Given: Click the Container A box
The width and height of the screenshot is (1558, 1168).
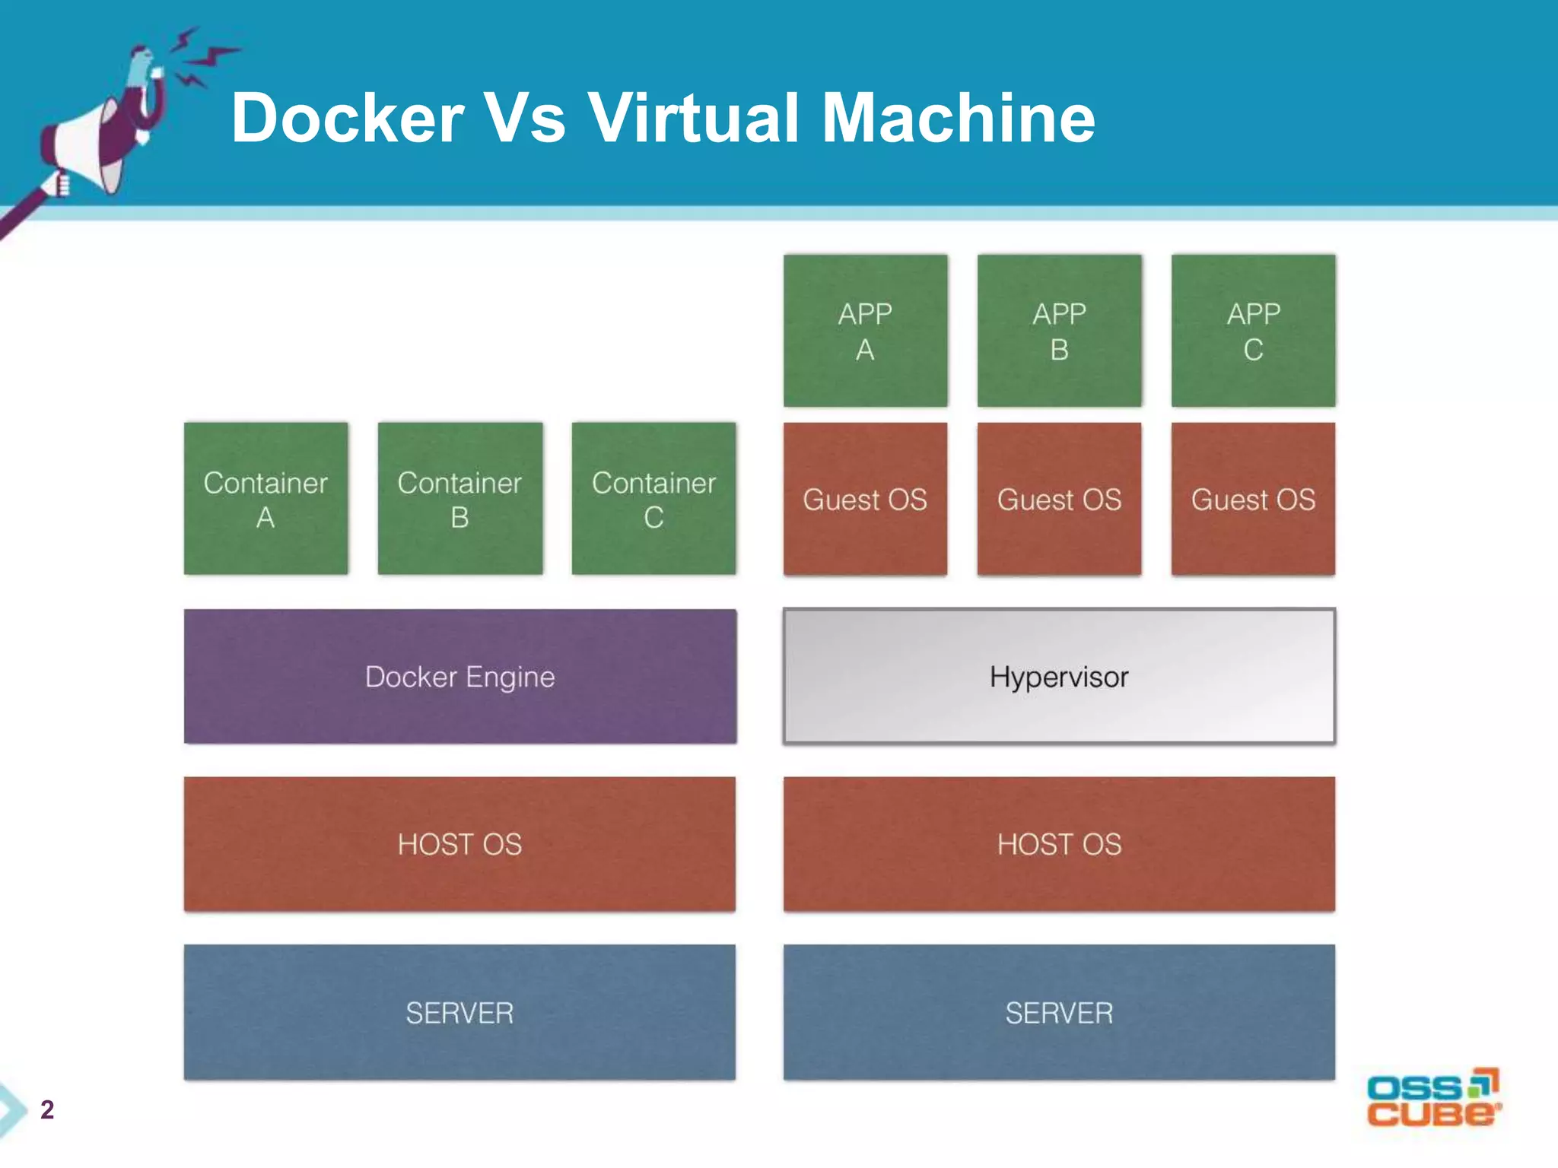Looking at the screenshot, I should click(x=265, y=499).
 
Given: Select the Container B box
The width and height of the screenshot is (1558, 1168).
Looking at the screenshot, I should click(x=459, y=499).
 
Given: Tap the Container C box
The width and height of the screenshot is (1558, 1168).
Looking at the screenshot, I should click(x=653, y=499).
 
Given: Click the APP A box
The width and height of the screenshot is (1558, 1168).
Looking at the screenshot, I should click(x=865, y=331).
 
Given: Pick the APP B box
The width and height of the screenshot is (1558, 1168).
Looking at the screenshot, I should click(x=1059, y=331).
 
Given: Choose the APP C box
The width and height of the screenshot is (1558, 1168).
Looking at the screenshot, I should click(x=1253, y=331).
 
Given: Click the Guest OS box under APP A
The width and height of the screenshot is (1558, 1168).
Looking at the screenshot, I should click(x=865, y=499).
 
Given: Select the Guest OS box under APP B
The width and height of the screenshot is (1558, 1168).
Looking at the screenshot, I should click(x=1059, y=499).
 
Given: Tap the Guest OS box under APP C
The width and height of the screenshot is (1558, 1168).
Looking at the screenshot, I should click(x=1253, y=499).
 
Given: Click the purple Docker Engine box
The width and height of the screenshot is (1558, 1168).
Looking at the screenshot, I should click(x=459, y=676).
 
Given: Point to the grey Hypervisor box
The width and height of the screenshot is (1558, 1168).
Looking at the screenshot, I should click(x=1059, y=676).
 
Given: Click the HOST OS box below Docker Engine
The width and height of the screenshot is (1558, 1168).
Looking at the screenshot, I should click(x=459, y=844).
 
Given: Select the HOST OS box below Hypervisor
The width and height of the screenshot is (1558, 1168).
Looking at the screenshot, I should click(x=1059, y=844).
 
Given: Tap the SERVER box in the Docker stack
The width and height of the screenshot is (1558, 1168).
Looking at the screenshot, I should click(x=459, y=1012).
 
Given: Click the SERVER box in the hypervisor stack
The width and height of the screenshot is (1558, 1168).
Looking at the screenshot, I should click(x=1059, y=1012).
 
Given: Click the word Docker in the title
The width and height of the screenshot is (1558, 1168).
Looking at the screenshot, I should click(x=347, y=118).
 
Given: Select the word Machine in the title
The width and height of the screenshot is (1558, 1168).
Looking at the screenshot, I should click(x=959, y=118).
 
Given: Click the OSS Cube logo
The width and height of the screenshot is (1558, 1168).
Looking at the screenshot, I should click(x=1433, y=1099).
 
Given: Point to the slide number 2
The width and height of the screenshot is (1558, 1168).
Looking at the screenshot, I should click(x=47, y=1109).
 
